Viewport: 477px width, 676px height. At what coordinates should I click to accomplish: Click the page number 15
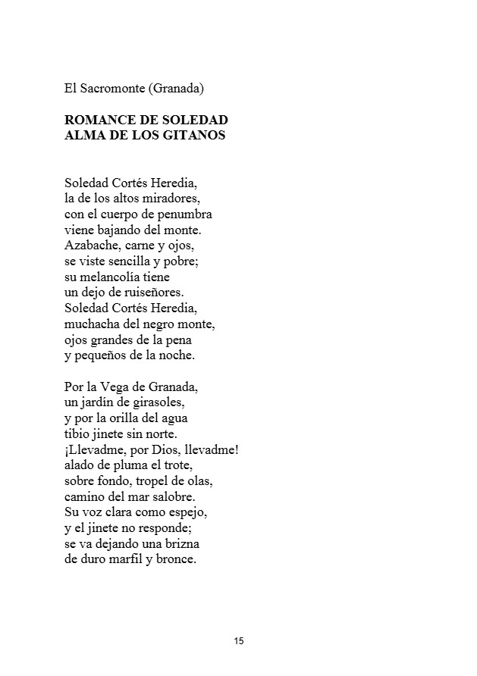tap(239, 641)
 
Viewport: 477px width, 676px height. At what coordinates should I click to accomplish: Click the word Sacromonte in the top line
tap(112, 89)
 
